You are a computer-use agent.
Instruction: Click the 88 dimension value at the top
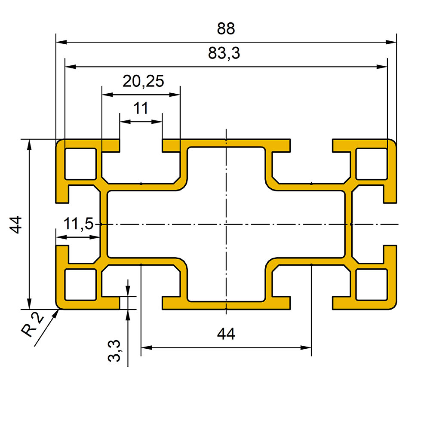(226, 28)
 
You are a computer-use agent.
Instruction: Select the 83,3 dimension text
(224, 53)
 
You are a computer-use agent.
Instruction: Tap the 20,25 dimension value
(143, 81)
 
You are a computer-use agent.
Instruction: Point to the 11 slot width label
(141, 108)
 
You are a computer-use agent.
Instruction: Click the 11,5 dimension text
(79, 224)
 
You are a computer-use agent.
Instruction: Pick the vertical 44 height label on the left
(16, 224)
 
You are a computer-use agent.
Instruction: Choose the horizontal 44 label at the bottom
(226, 334)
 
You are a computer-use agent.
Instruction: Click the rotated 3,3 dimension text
(114, 351)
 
